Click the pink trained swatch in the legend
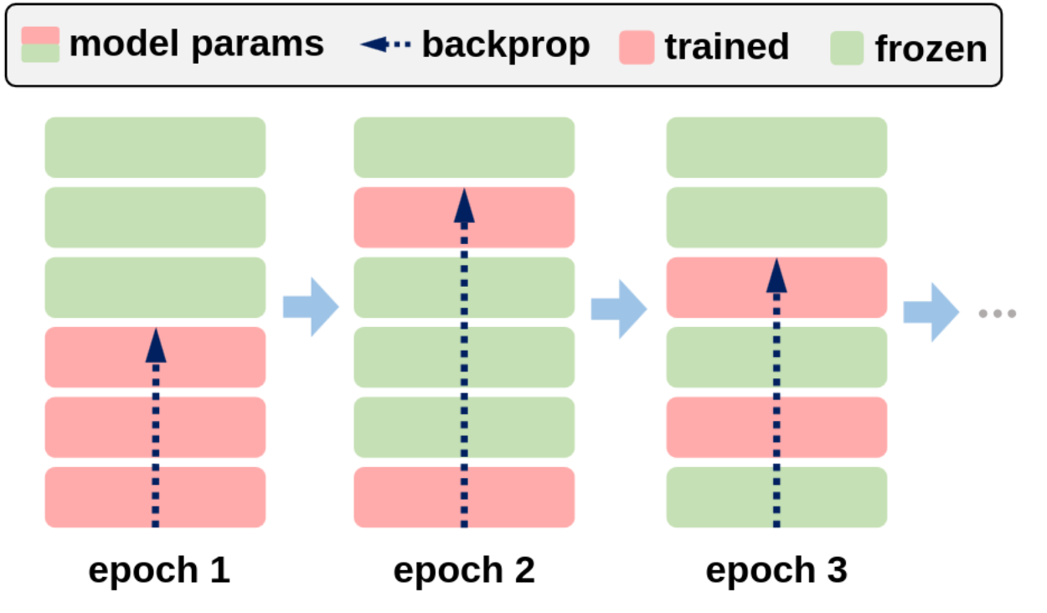click(x=637, y=47)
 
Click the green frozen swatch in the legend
click(x=847, y=48)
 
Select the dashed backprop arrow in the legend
click(x=385, y=44)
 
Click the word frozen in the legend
click(x=931, y=49)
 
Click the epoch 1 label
click(x=159, y=571)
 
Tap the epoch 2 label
click(x=464, y=571)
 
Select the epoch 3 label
click(x=776, y=571)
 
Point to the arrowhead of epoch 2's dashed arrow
click(x=464, y=206)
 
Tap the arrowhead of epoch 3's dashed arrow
click(x=776, y=276)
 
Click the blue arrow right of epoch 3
click(x=931, y=313)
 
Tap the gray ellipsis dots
click(x=998, y=314)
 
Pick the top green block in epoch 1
click(x=155, y=148)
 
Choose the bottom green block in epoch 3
click(x=776, y=497)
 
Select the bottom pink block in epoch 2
click(x=464, y=497)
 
